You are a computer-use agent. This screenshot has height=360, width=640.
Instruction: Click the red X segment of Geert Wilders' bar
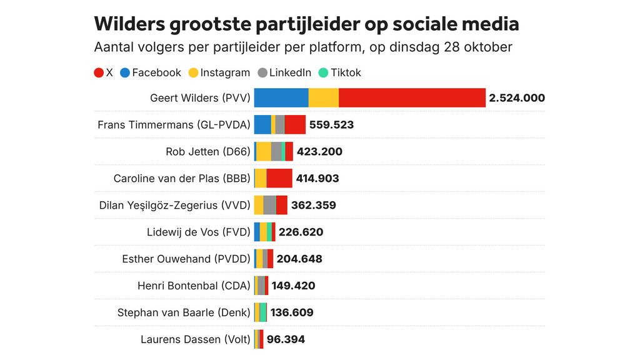point(412,97)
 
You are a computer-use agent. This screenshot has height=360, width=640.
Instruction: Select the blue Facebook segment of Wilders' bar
point(281,97)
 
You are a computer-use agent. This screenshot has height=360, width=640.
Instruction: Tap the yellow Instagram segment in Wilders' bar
point(324,97)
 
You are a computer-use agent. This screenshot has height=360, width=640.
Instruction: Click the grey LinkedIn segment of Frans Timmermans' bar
point(280,124)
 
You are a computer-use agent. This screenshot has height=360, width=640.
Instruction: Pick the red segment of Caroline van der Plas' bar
point(279,178)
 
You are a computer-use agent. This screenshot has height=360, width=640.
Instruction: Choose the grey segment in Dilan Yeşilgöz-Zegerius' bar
point(269,205)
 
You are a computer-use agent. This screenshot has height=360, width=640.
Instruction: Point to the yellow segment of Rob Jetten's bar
point(264,151)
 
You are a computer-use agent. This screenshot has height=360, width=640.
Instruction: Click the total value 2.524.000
point(517,97)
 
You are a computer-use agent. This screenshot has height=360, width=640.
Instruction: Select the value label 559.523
point(331,124)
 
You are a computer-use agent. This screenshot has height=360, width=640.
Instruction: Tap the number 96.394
point(286,339)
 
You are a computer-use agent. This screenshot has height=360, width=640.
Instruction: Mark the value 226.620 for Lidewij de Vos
point(301,232)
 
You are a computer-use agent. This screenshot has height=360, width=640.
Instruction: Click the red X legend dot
point(99,72)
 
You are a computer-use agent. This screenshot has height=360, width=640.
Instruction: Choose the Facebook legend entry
point(150,72)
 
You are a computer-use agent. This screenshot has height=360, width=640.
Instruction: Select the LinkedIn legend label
point(290,72)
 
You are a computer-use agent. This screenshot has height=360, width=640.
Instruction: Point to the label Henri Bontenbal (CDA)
point(194,286)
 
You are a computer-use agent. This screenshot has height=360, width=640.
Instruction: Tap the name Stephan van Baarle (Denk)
point(184,312)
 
